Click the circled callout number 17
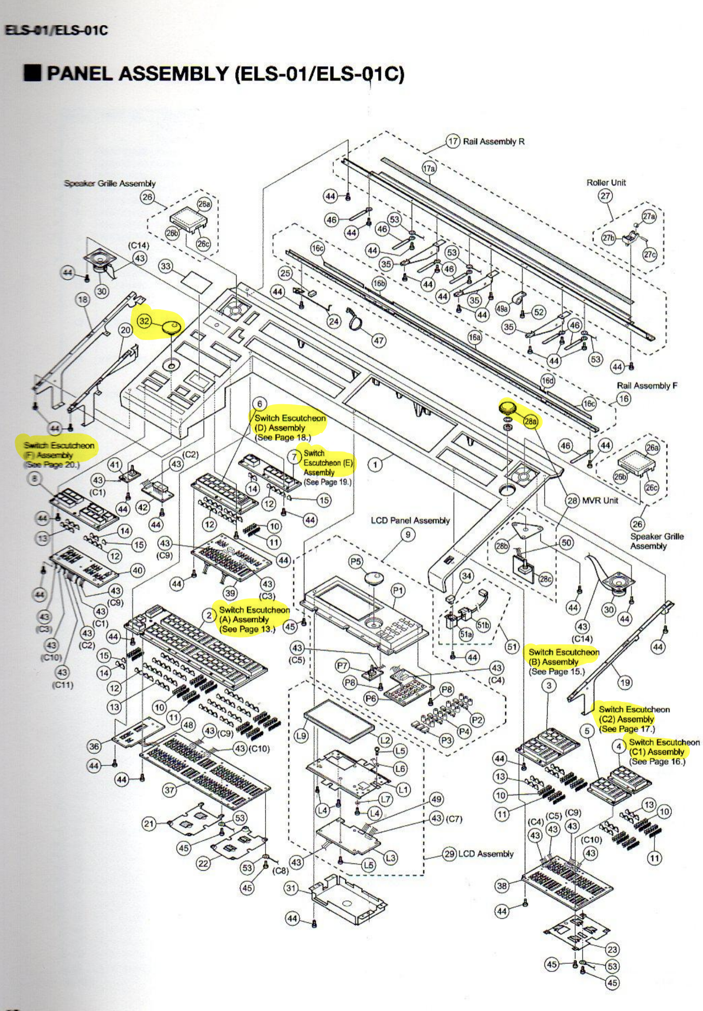[453, 142]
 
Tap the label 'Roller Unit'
[606, 183]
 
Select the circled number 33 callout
[166, 266]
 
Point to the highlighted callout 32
[144, 321]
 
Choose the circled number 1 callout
[376, 465]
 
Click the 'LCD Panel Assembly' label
[410, 520]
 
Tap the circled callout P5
[355, 562]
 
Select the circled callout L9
[301, 736]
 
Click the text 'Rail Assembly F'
[647, 386]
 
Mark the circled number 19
[625, 682]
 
